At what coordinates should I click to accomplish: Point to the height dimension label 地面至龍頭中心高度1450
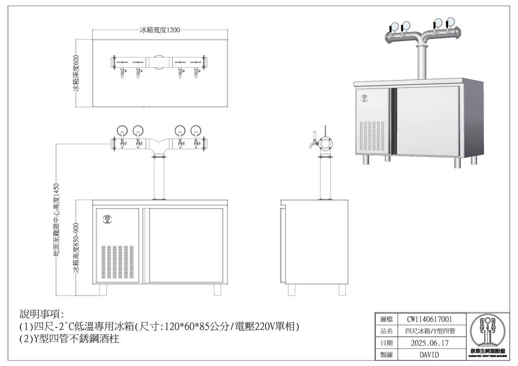(x=57, y=223)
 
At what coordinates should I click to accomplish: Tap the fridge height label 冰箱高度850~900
(x=76, y=249)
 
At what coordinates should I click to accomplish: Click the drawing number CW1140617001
(x=429, y=319)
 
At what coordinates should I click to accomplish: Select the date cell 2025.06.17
(x=429, y=343)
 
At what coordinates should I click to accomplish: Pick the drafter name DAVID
(x=429, y=355)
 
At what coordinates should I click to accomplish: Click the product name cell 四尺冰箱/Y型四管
(x=429, y=332)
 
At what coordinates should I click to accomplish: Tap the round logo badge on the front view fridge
(x=107, y=219)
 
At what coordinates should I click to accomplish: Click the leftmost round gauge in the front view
(x=123, y=131)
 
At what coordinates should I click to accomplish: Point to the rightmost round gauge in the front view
(x=196, y=131)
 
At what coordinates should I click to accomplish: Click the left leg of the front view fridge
(x=103, y=290)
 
